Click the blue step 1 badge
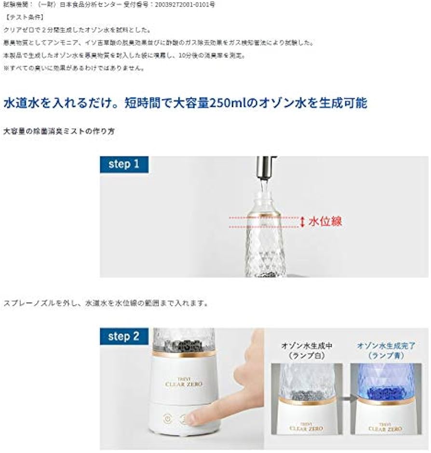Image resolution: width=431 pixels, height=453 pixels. point(123,164)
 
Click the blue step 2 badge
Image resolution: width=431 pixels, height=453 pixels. point(123,336)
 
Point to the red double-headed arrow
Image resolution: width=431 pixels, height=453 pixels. point(302,222)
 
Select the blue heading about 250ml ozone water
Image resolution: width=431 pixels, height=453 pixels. point(185,103)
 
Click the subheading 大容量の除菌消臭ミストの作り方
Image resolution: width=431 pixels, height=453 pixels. point(59,131)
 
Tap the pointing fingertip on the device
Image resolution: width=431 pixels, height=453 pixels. point(193,417)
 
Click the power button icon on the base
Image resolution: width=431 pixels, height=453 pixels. point(167,418)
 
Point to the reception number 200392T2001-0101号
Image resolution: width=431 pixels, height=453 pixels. point(183,5)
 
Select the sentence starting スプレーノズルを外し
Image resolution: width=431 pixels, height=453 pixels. point(106,304)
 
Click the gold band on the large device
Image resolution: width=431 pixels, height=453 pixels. point(184,354)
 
